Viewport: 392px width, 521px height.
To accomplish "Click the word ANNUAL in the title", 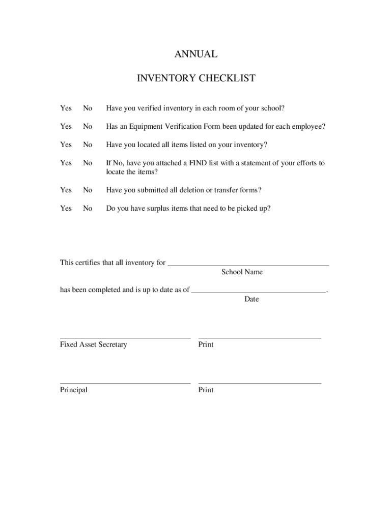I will [x=196, y=54].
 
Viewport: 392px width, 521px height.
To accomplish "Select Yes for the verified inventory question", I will [x=66, y=108].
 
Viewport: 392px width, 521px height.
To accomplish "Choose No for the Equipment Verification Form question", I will [x=88, y=127].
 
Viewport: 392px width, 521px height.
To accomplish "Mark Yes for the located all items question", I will [x=66, y=145].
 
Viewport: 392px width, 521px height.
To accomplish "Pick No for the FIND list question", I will [x=88, y=163].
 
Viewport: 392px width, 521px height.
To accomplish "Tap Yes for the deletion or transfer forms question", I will [x=66, y=190].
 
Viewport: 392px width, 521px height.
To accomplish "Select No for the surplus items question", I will [x=88, y=209].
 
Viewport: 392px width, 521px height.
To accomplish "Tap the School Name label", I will [x=242, y=272].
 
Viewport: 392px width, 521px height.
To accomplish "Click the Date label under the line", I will [x=251, y=300].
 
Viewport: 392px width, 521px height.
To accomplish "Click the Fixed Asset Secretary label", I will [x=94, y=345].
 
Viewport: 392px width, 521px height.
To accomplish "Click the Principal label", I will [x=74, y=390].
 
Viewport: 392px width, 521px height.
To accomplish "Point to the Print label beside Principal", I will [x=206, y=390].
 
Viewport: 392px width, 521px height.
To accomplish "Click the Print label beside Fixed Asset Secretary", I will [x=206, y=345].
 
